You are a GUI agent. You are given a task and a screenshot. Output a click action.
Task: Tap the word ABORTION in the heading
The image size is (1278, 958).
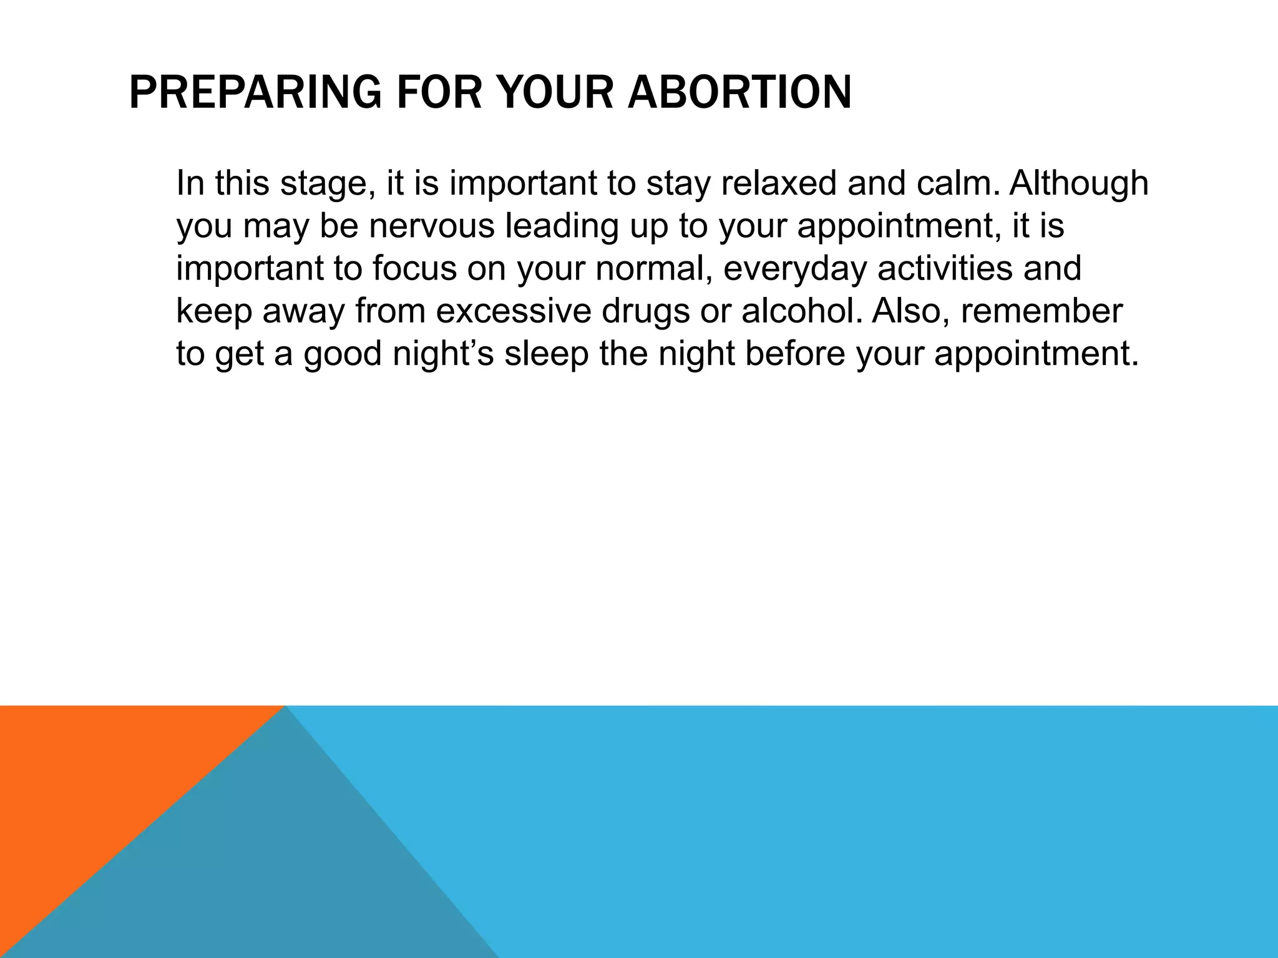[x=739, y=92]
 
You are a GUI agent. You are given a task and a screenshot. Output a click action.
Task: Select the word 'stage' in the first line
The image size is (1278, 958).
[x=327, y=183]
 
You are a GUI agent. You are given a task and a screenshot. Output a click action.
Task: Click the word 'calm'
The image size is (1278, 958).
[x=954, y=183]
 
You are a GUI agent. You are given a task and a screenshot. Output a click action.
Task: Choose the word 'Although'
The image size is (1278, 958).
[x=1079, y=183]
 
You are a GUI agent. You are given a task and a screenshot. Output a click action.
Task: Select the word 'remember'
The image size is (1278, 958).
[x=1041, y=311]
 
